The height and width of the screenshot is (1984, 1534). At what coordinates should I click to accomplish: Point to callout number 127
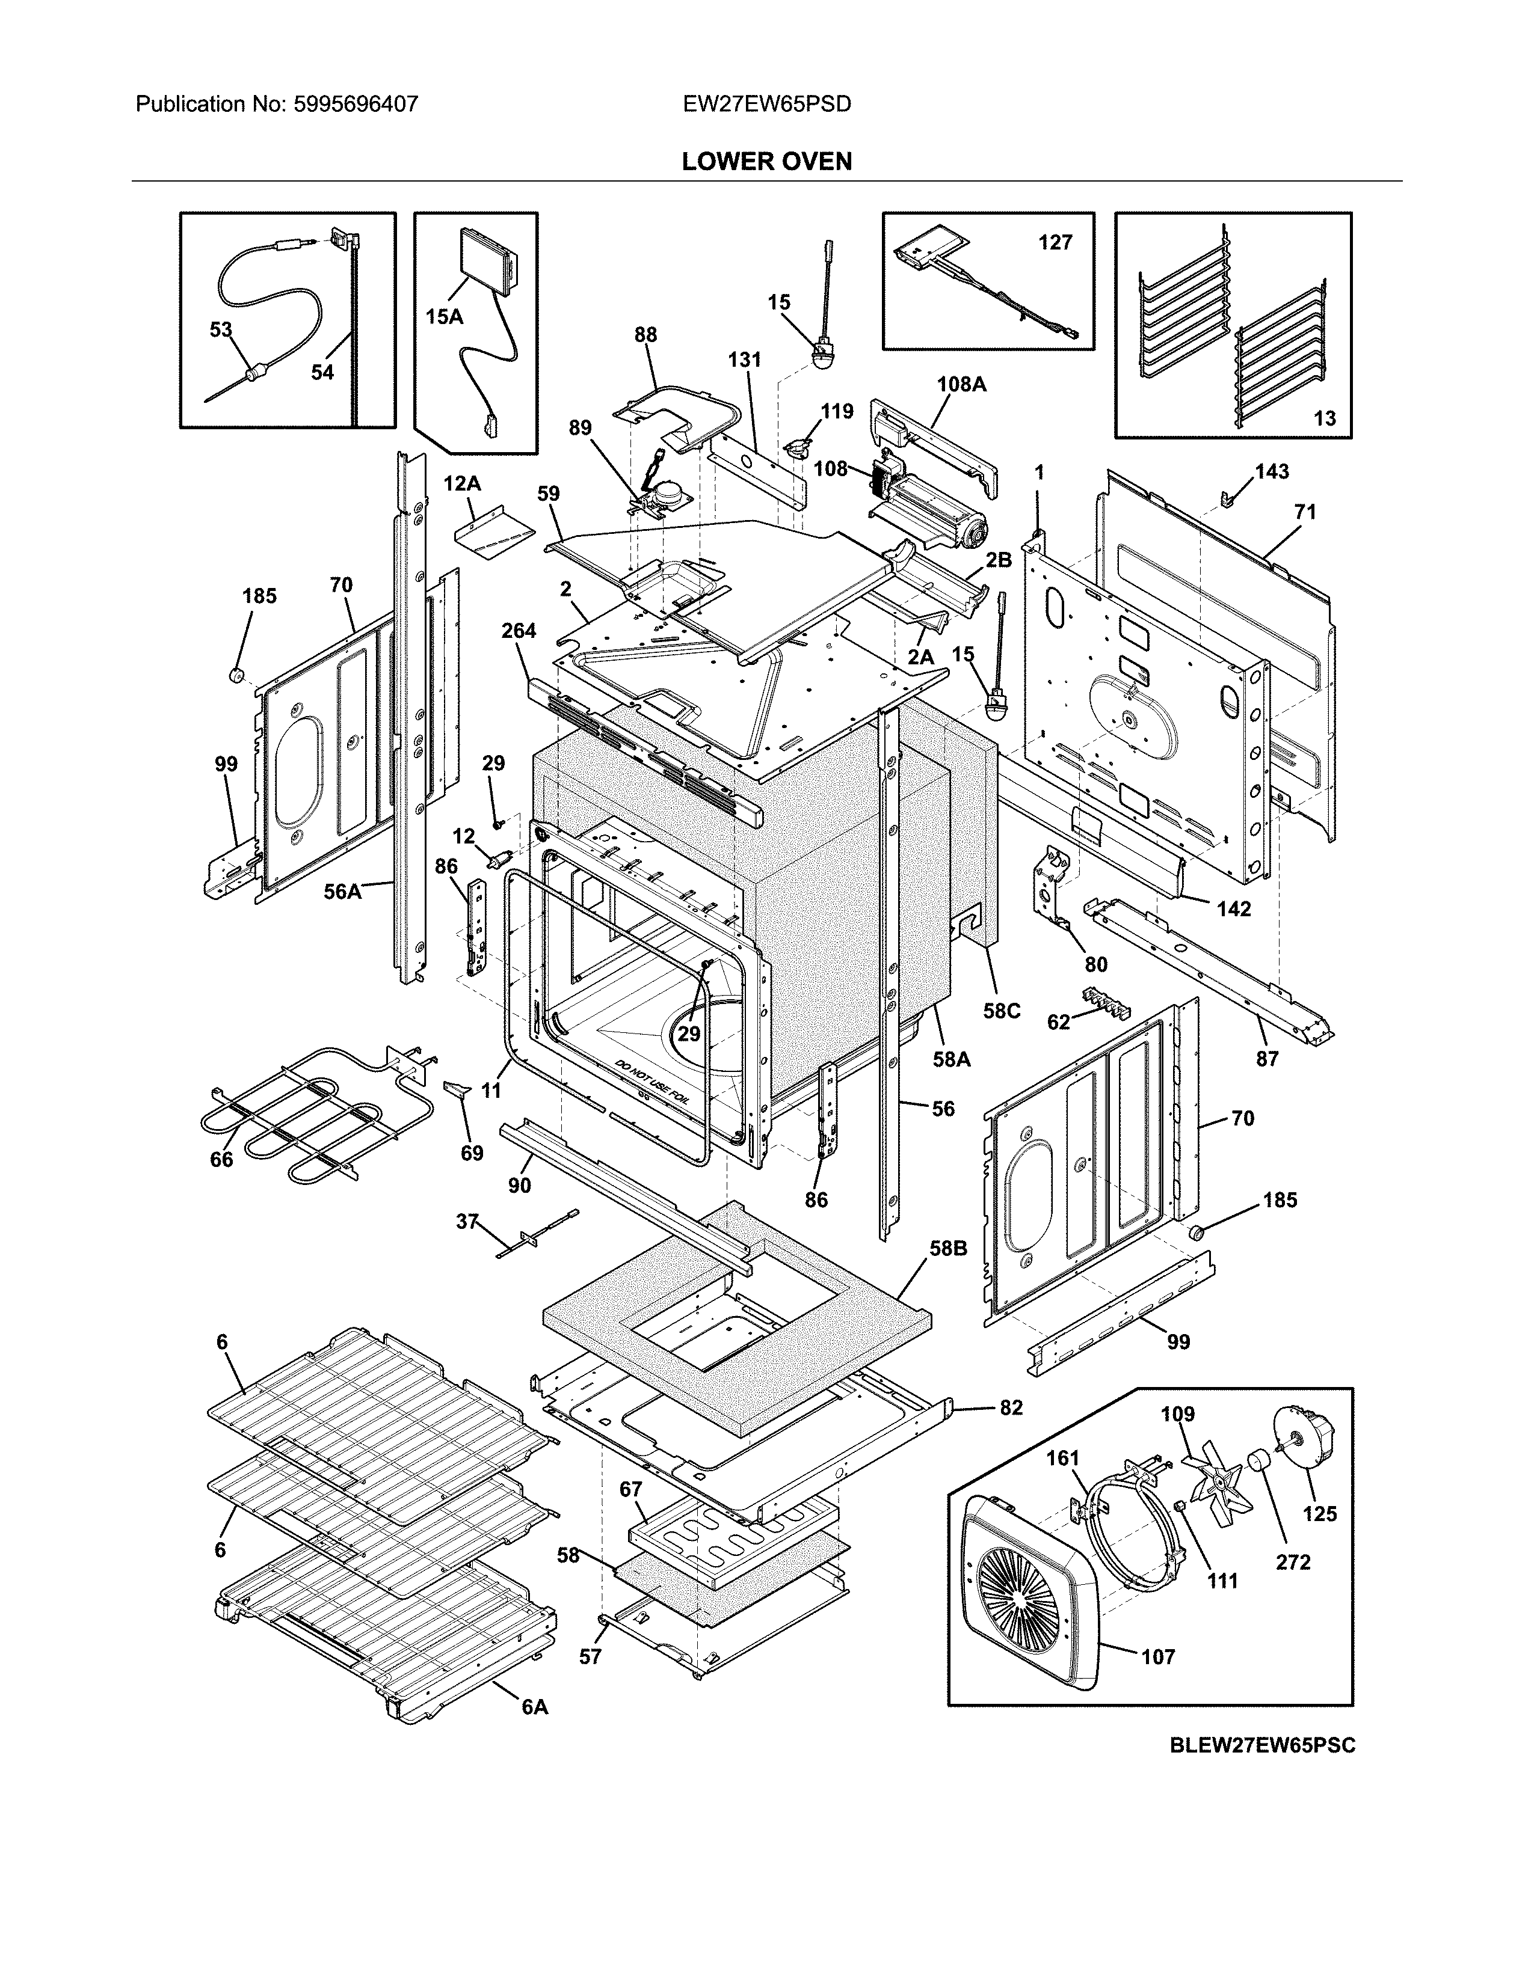pos(1055,242)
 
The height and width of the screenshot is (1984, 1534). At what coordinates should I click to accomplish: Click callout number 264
pos(519,631)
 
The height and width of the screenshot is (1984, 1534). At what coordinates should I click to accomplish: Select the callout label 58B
pos(948,1249)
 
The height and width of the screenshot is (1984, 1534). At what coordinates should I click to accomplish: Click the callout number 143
pos(1271,471)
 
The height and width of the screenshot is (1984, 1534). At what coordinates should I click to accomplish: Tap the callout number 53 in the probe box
pos(221,329)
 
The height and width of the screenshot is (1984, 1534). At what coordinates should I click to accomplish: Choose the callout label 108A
pos(961,384)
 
